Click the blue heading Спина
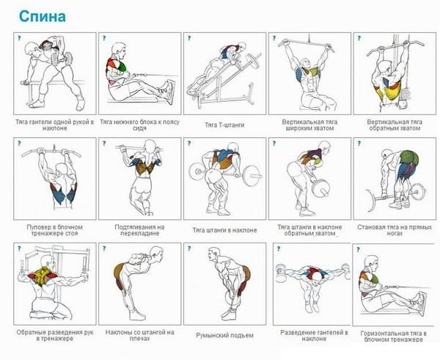click(x=43, y=16)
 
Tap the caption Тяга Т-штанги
click(x=224, y=125)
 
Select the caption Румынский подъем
click(x=225, y=336)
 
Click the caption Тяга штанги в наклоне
click(x=224, y=230)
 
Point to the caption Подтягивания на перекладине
click(x=140, y=230)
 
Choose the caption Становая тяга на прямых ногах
click(x=395, y=230)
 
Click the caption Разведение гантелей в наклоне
click(x=315, y=336)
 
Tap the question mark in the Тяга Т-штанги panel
click(x=189, y=38)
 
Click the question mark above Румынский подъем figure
click(x=189, y=249)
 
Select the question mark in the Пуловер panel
click(x=19, y=144)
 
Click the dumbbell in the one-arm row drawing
click(x=62, y=59)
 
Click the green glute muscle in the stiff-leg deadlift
click(x=409, y=158)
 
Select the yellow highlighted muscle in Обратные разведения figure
click(x=42, y=276)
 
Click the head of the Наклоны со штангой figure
click(x=156, y=252)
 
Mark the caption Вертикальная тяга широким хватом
click(x=309, y=125)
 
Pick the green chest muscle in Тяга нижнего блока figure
click(x=121, y=67)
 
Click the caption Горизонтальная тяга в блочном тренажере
click(x=394, y=337)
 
